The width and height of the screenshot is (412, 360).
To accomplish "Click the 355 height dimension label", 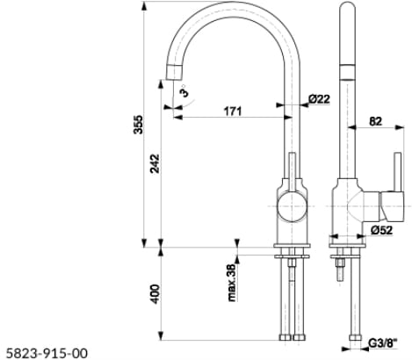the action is point(138,125).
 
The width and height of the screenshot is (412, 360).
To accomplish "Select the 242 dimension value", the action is point(155,163).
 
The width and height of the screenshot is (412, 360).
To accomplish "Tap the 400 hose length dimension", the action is point(155,293).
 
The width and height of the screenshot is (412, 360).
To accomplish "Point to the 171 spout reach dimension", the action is point(233,112).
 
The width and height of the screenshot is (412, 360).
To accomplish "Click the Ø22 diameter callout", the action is point(319,99).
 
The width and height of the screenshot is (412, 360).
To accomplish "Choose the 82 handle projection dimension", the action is point(376,121).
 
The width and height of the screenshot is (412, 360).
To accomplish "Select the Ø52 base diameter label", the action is point(381,230).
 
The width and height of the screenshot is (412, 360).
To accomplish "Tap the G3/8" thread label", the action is point(383,343).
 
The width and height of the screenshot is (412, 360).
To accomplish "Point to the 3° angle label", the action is point(184,91).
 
